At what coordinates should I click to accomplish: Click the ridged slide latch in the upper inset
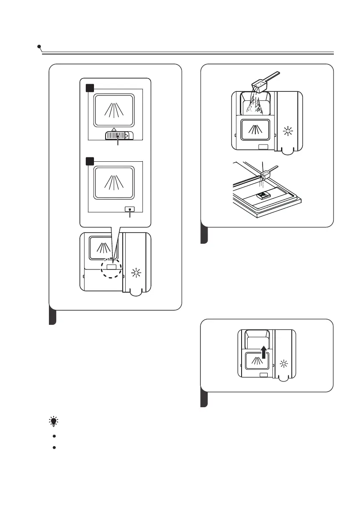tap(118, 136)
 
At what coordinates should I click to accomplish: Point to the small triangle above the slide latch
tap(113, 129)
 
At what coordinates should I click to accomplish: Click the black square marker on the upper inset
tap(90, 88)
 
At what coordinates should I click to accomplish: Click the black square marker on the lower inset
tap(90, 161)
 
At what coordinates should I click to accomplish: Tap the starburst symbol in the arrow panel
tap(284, 364)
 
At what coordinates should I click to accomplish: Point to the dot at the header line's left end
tap(39, 46)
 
